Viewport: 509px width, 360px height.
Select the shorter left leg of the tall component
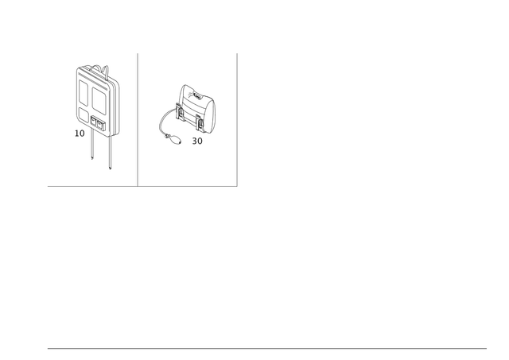[x=91, y=147]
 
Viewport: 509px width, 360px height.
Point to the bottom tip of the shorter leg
[x=91, y=160]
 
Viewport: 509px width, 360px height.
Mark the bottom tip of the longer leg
[x=110, y=169]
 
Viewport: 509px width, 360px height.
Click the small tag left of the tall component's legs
[x=79, y=132]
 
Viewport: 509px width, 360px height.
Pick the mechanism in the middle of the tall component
[x=94, y=110]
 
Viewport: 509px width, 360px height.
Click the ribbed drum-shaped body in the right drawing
[x=191, y=103]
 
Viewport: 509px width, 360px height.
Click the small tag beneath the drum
[x=197, y=142]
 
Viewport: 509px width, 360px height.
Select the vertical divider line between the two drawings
[x=138, y=119]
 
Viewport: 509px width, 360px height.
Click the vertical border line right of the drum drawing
[x=237, y=119]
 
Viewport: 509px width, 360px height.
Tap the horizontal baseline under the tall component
[x=91, y=186]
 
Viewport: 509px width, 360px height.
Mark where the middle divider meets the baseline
[x=138, y=186]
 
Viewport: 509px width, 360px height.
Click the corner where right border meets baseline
[x=237, y=187]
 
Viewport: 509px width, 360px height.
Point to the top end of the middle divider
[x=138, y=53]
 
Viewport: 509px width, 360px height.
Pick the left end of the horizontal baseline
[x=47, y=186]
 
